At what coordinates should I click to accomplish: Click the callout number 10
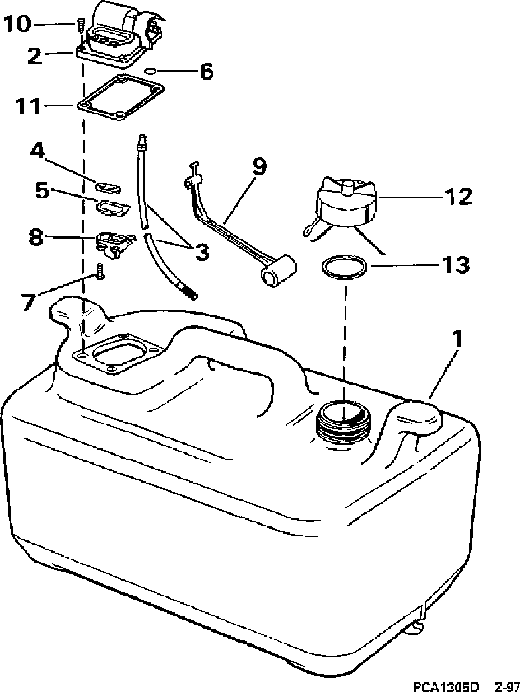[25, 25]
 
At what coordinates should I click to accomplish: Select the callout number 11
[26, 105]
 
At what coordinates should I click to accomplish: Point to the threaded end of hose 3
[189, 292]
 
